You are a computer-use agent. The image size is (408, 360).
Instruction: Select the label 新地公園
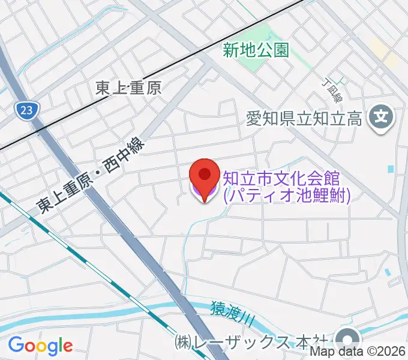tap(256, 50)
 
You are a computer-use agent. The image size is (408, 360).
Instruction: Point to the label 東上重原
tap(129, 88)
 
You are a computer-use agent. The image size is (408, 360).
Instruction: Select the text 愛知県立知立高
tap(305, 119)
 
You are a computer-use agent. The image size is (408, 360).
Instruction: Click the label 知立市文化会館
tap(282, 178)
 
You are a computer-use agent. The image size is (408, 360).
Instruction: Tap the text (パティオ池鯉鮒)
tap(286, 196)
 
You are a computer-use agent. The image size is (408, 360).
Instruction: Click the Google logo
tap(40, 345)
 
